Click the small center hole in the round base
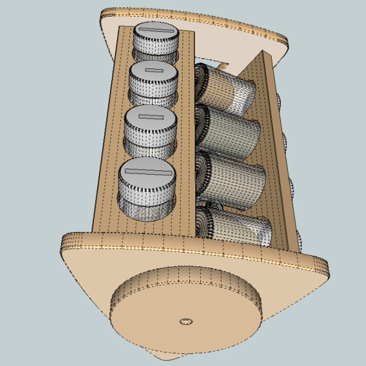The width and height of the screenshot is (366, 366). click(x=186, y=321)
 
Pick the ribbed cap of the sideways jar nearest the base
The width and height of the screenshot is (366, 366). click(x=203, y=222)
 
